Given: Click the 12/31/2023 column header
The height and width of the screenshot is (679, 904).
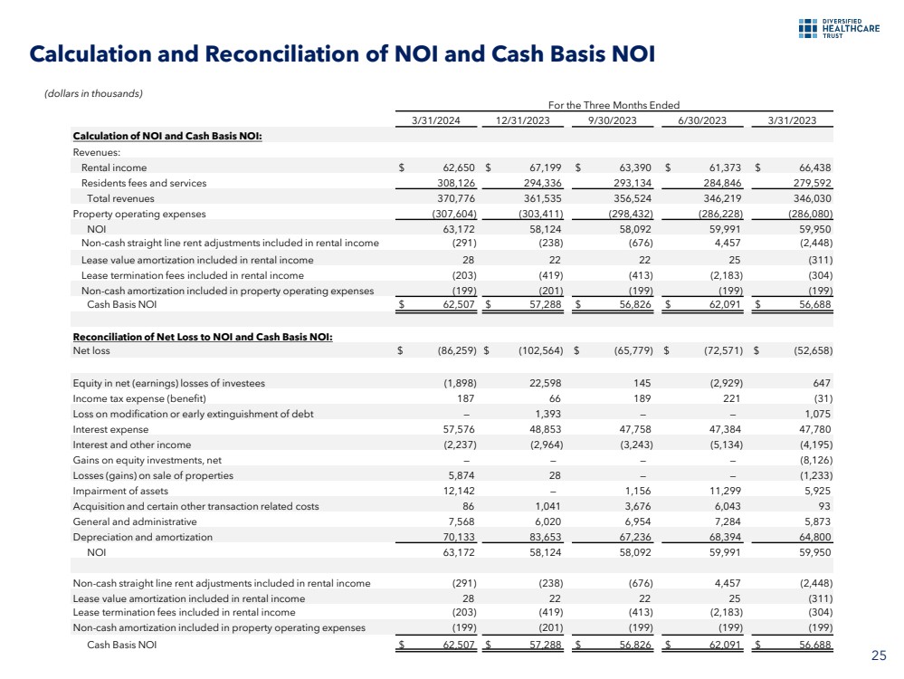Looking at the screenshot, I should tap(525, 120).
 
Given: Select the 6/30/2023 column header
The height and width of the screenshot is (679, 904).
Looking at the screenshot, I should tap(704, 120).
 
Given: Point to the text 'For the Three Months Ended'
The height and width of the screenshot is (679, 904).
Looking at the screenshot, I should tap(614, 106).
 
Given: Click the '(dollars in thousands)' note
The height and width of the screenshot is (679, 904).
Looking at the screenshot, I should tap(93, 92).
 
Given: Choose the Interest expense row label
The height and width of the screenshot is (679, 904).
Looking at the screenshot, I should tap(110, 429).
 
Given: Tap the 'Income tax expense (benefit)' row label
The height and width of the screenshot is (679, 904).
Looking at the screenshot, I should tap(139, 398).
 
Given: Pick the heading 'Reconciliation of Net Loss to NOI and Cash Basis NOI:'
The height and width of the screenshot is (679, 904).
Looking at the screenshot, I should tap(203, 337).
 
